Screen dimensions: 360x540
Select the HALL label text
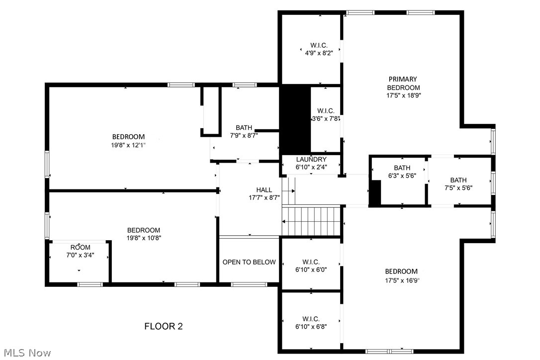click(x=264, y=189)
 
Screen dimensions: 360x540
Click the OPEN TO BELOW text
click(x=249, y=262)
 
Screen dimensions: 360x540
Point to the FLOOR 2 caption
click(x=164, y=326)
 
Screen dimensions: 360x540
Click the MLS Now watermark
click(x=26, y=353)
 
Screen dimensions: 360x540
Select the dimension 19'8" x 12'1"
click(x=128, y=145)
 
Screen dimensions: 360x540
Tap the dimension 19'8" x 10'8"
click(x=144, y=238)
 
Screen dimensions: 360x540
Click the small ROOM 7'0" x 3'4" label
click(x=80, y=251)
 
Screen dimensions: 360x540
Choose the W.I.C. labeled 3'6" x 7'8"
click(x=326, y=114)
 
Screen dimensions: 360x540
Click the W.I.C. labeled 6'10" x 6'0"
click(x=311, y=266)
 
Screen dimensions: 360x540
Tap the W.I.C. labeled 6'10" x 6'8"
click(x=311, y=322)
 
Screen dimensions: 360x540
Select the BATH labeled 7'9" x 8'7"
click(x=244, y=131)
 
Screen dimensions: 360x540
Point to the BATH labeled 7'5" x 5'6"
click(x=458, y=184)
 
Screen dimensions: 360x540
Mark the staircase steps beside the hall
click(x=311, y=221)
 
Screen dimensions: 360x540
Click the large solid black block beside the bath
click(x=295, y=119)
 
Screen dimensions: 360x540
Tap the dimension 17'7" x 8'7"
click(x=264, y=197)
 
